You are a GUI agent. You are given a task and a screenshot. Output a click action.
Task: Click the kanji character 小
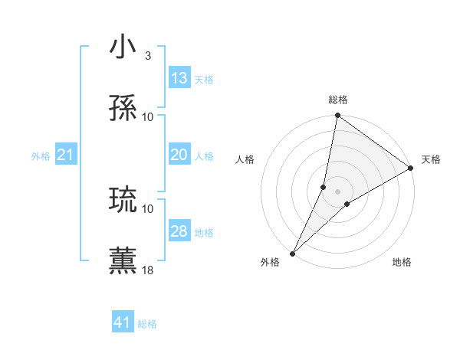tap(123, 47)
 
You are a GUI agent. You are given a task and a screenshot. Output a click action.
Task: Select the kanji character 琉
tap(123, 201)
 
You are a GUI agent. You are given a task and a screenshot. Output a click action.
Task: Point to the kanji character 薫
tap(123, 261)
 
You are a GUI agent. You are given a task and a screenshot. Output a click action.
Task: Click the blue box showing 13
tap(179, 78)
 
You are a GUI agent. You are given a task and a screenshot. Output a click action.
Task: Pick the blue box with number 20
tap(179, 155)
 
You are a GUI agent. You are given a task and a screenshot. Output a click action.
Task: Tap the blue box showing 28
tap(179, 231)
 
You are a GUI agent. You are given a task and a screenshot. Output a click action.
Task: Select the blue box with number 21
tap(66, 155)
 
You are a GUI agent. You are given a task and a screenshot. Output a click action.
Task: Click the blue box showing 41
tap(123, 322)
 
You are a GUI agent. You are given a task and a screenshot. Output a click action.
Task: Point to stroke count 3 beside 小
tap(148, 56)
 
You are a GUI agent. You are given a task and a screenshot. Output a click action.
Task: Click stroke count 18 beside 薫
tap(148, 270)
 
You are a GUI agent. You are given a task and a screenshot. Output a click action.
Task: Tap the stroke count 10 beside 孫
tap(148, 116)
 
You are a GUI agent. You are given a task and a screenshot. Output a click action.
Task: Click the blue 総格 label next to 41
tap(147, 324)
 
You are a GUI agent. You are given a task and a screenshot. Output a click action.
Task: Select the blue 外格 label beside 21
tap(41, 156)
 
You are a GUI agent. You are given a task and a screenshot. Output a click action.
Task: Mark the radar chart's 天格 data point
tap(411, 169)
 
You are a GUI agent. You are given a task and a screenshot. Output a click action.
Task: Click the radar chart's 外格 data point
tap(292, 253)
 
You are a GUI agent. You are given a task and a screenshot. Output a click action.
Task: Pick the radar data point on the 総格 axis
tap(337, 116)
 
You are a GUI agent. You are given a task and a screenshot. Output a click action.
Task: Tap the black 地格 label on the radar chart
tap(402, 263)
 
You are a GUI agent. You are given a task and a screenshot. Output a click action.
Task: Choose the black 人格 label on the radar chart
tap(245, 159)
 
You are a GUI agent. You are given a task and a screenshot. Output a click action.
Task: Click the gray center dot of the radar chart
tap(337, 191)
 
